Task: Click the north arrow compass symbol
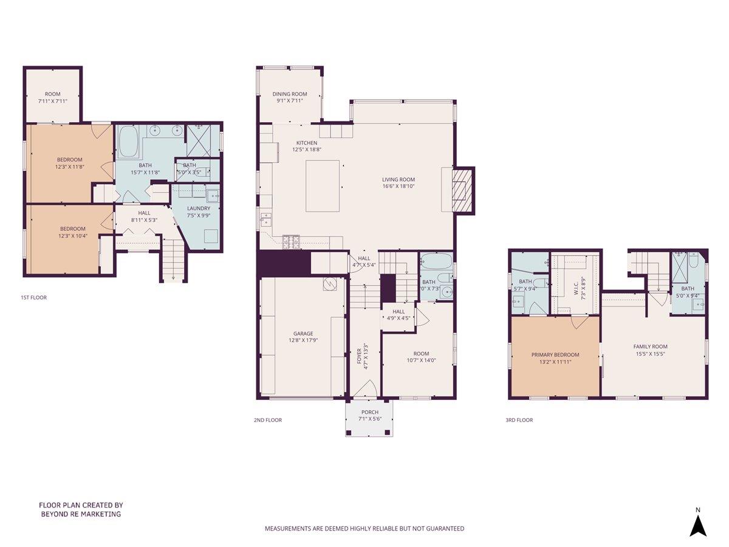[x=698, y=525]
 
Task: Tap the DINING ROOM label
[x=290, y=94]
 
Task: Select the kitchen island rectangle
[x=322, y=185]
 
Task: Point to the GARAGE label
[x=303, y=334]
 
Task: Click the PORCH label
[x=369, y=412]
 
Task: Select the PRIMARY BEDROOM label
[x=555, y=355]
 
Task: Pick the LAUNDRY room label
[x=198, y=208]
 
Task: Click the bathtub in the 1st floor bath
[x=128, y=142]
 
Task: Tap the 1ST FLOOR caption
[x=33, y=298]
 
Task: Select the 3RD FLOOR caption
[x=519, y=420]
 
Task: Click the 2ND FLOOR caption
[x=268, y=420]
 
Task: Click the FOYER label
[x=359, y=358]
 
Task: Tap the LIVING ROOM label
[x=399, y=179]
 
